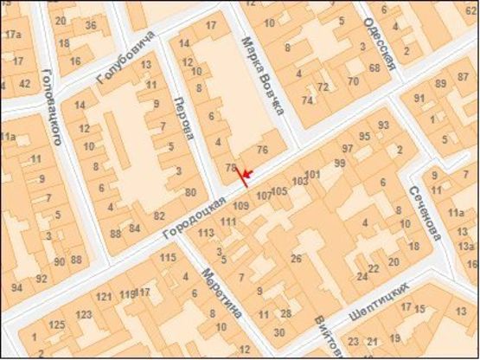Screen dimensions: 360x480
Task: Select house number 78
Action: (x=230, y=168)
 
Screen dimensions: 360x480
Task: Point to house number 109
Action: (x=241, y=205)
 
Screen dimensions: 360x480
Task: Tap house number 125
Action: (x=57, y=325)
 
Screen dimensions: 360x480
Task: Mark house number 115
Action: (x=168, y=258)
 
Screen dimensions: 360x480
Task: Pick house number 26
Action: (x=296, y=259)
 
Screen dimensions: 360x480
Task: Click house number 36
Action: (x=91, y=25)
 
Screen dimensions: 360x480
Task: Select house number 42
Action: (x=24, y=84)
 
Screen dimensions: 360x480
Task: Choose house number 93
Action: (x=383, y=125)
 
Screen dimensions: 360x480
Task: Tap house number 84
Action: (x=134, y=228)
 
